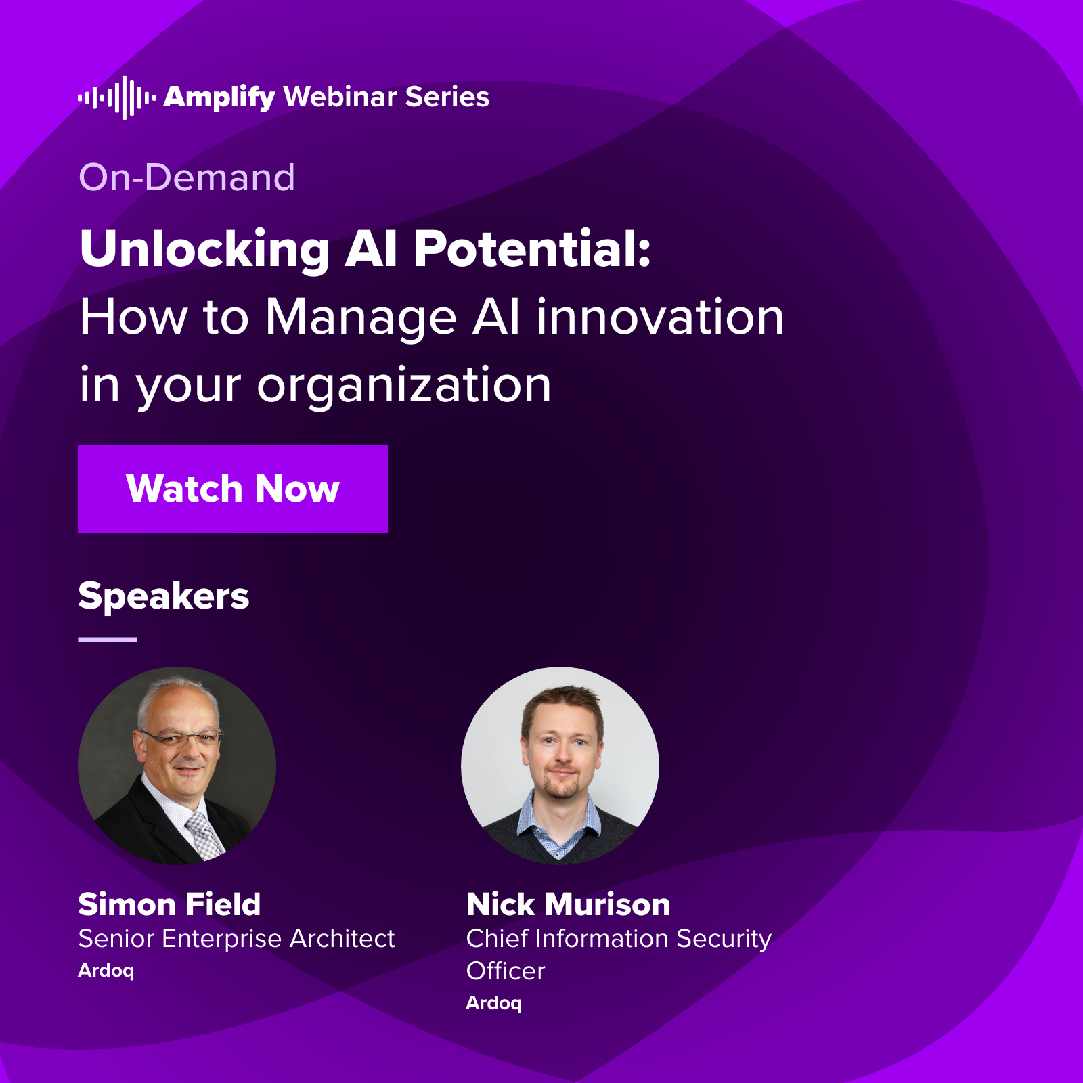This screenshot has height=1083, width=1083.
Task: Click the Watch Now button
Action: [232, 489]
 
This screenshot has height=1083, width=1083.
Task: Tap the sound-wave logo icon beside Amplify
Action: [116, 97]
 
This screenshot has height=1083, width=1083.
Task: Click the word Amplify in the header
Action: [219, 97]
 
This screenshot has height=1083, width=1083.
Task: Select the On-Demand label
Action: [187, 177]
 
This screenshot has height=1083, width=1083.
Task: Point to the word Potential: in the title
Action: [531, 248]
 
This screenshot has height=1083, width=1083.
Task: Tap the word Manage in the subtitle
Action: [360, 317]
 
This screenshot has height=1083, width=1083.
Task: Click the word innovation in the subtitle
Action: [660, 317]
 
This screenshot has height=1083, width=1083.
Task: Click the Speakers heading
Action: [163, 596]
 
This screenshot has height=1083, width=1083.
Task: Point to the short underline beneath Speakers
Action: [107, 639]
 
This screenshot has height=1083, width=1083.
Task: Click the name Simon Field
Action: [169, 904]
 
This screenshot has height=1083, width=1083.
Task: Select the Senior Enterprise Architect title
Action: [236, 939]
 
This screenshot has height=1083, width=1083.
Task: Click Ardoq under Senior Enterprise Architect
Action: [106, 971]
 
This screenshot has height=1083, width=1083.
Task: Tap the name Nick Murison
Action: [568, 904]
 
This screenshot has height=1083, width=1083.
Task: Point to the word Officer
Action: [505, 971]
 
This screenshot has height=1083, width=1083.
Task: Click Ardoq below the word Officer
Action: [493, 1003]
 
